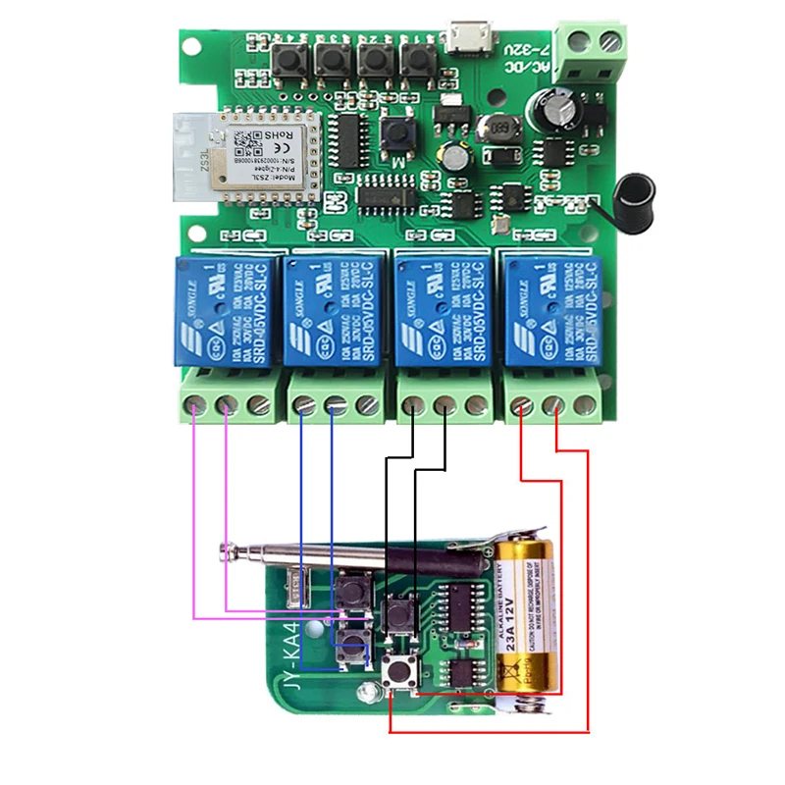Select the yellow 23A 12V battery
525,612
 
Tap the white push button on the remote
399,674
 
